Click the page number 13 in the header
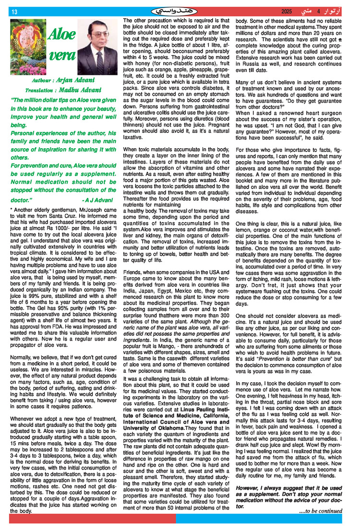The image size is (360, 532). click(x=14, y=12)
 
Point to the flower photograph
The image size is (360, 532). click(x=28, y=47)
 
